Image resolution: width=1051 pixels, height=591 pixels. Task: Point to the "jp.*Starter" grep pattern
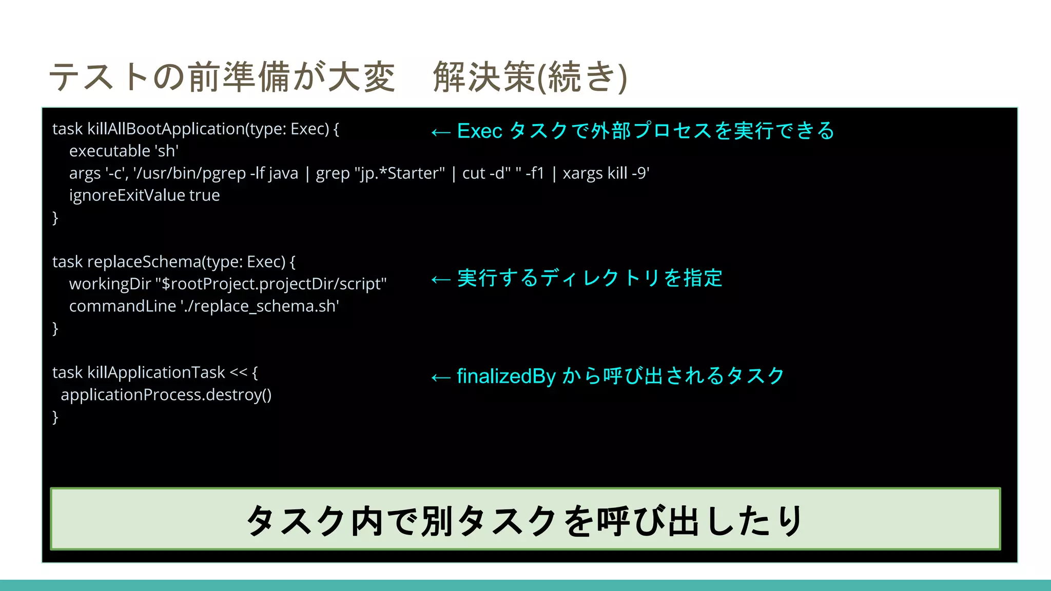pos(399,173)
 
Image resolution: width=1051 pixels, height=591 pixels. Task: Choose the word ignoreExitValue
pos(127,195)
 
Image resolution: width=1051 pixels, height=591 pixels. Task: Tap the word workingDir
pos(110,284)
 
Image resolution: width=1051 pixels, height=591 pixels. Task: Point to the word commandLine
pos(122,306)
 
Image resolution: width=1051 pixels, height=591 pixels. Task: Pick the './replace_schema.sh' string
pos(259,306)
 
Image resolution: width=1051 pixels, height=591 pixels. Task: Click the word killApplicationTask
pos(156,372)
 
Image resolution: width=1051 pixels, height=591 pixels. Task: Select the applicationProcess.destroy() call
pos(166,395)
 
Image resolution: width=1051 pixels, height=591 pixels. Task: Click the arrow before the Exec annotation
pos(441,132)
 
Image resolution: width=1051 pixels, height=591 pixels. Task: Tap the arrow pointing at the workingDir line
pos(441,280)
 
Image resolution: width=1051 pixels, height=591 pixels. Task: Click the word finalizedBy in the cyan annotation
pos(506,377)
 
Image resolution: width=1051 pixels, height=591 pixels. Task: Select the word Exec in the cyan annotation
pos(479,131)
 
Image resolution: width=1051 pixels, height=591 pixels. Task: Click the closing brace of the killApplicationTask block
pos(55,417)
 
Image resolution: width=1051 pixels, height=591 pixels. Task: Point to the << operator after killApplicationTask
pos(238,372)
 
